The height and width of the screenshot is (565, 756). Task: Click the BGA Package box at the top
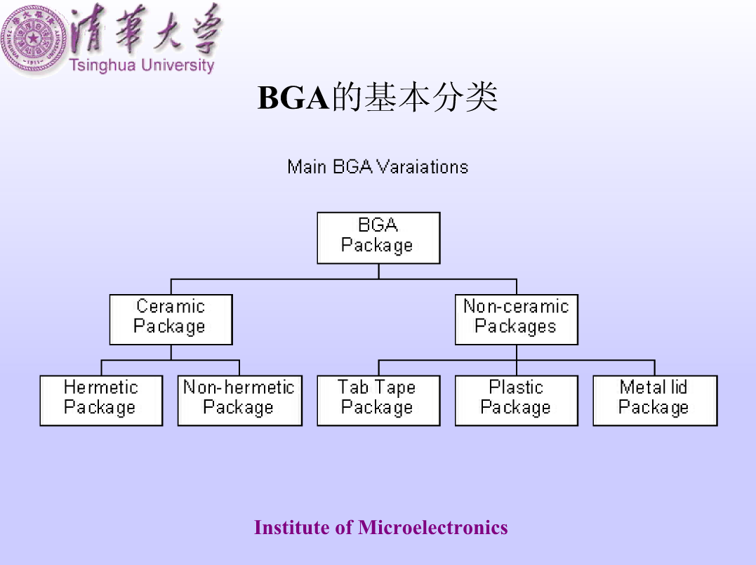(378, 238)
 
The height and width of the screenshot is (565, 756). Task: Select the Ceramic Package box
(171, 319)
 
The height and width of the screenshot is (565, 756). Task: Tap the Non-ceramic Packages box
(517, 319)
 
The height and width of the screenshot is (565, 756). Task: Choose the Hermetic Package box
(101, 401)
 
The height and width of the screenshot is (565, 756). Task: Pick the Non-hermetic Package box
(240, 401)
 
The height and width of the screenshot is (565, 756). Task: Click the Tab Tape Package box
(378, 401)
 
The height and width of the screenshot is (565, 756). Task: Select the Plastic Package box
(517, 401)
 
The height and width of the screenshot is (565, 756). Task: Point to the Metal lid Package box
(655, 401)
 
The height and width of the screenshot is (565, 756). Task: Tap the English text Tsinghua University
(142, 65)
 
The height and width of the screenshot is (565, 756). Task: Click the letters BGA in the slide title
(293, 98)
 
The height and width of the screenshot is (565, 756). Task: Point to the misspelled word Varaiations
(423, 167)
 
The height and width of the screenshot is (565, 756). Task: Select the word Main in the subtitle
(307, 167)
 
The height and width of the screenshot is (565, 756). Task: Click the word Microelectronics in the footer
(433, 527)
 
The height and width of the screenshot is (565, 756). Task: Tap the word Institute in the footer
(292, 527)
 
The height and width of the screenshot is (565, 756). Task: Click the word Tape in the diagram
(395, 387)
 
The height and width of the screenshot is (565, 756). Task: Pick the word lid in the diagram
(679, 387)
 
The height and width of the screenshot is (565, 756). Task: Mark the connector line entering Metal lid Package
(655, 367)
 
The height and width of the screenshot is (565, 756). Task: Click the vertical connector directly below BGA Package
(379, 272)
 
